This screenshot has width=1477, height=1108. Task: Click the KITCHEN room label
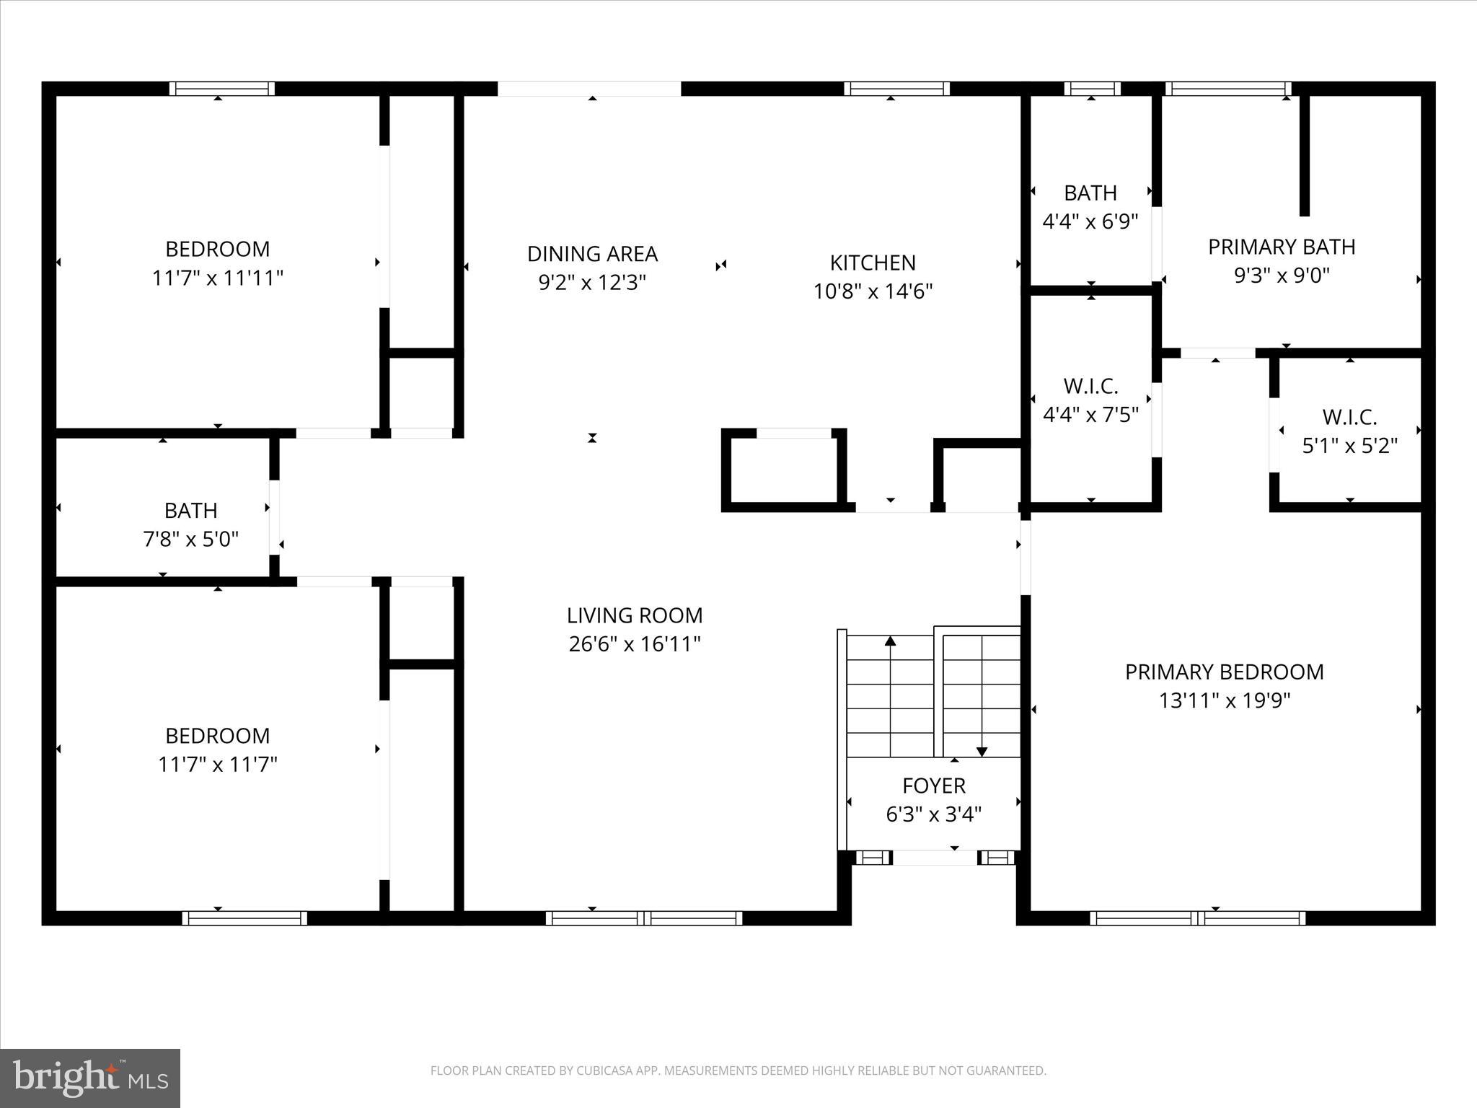coord(873,263)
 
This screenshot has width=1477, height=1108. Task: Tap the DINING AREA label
coord(592,254)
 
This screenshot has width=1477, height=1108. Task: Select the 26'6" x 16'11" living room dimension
coord(635,644)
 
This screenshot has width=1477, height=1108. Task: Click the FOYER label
coord(934,786)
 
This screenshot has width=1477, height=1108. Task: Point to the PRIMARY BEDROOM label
coord(1224,672)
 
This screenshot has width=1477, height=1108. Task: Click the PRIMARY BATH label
coord(1282,247)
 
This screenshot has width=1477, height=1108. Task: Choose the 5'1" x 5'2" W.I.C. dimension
coord(1349,446)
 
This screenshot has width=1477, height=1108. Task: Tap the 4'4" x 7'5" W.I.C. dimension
coord(1090,415)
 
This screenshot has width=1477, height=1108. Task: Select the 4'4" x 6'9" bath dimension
coord(1090,221)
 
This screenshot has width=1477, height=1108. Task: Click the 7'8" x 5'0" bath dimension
coord(190,539)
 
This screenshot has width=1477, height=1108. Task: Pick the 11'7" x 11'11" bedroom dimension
coord(217,278)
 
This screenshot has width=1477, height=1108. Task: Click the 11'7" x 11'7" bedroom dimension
coord(217,764)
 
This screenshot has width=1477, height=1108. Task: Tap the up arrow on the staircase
coord(891,641)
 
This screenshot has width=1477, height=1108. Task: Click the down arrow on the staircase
coord(982,751)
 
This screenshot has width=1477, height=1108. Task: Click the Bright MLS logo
coord(90,1078)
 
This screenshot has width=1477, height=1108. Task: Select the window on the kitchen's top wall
coord(896,89)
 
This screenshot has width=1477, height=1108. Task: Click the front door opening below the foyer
coord(935,858)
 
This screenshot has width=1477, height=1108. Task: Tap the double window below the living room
coord(644,918)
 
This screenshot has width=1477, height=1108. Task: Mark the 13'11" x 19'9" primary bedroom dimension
coord(1224,700)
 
